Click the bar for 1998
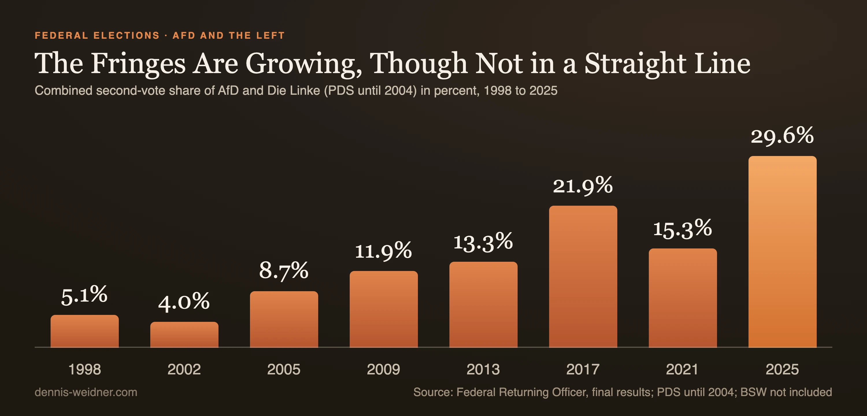[x=84, y=331]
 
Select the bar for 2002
[x=184, y=335]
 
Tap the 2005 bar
[x=284, y=319]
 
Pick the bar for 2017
[x=583, y=276]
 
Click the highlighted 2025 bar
[x=783, y=251]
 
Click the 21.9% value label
[x=583, y=185]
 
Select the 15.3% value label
[x=683, y=229]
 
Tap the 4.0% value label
[x=184, y=301]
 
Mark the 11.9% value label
[x=383, y=251]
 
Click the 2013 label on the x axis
[x=483, y=369]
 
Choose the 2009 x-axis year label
[x=383, y=369]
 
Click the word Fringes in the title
[x=138, y=64]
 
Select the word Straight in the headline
[x=636, y=64]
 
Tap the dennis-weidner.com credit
[x=86, y=392]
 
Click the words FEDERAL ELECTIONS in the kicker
[x=97, y=35]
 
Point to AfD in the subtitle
[x=229, y=90]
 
